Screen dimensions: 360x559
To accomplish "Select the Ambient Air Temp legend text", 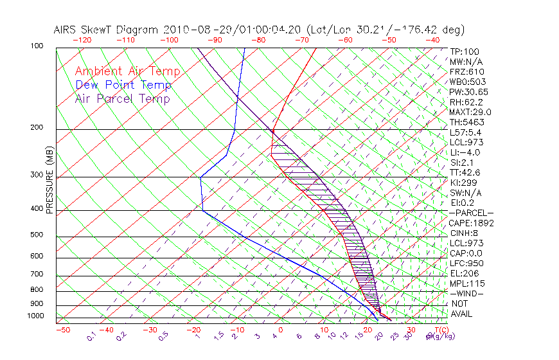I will tap(127, 71).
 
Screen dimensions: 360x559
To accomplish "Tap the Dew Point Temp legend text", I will tap(123, 85).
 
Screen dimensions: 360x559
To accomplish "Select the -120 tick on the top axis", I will tap(82, 40).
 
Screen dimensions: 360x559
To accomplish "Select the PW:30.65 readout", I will tap(469, 92).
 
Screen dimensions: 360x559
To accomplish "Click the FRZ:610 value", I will tap(467, 71).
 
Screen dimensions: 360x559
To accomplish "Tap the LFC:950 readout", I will tap(466, 264).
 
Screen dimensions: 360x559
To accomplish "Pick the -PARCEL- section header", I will tap(471, 213).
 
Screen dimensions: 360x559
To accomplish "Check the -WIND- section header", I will tap(467, 294).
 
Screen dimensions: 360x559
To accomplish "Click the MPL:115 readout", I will tap(466, 283).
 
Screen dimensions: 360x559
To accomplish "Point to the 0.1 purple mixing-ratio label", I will tap(91, 336).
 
